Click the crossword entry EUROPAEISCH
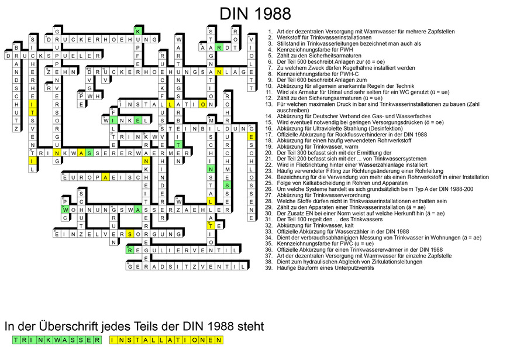105,177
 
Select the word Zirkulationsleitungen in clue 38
361,262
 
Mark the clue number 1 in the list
270,31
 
